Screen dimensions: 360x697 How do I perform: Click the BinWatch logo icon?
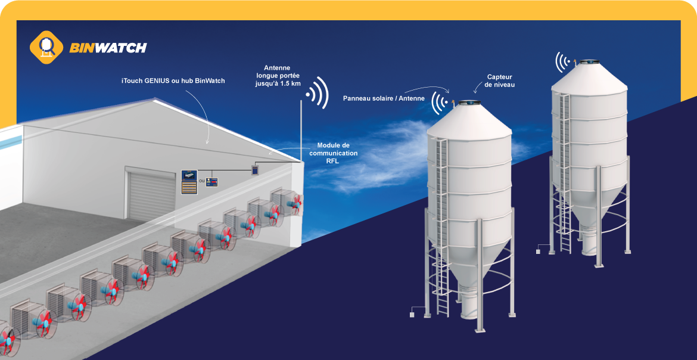[x=46, y=47]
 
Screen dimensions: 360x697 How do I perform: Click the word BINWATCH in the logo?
[x=108, y=48]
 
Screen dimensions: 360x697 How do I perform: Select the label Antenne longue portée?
[x=276, y=76]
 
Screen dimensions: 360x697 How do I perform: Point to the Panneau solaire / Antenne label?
[x=384, y=98]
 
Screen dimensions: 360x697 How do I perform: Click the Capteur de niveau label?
[x=499, y=81]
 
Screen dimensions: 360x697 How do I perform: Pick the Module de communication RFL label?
[x=337, y=153]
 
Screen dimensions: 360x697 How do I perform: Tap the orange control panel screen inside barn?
[x=189, y=182]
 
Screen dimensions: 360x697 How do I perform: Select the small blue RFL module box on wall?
[x=255, y=169]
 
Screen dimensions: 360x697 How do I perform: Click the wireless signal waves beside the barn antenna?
[x=319, y=93]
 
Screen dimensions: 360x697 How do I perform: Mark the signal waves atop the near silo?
[x=441, y=103]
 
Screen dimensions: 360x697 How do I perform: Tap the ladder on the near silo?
[x=441, y=226]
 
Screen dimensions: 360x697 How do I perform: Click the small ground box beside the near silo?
[x=412, y=312]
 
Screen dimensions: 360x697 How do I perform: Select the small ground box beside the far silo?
[x=538, y=251]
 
